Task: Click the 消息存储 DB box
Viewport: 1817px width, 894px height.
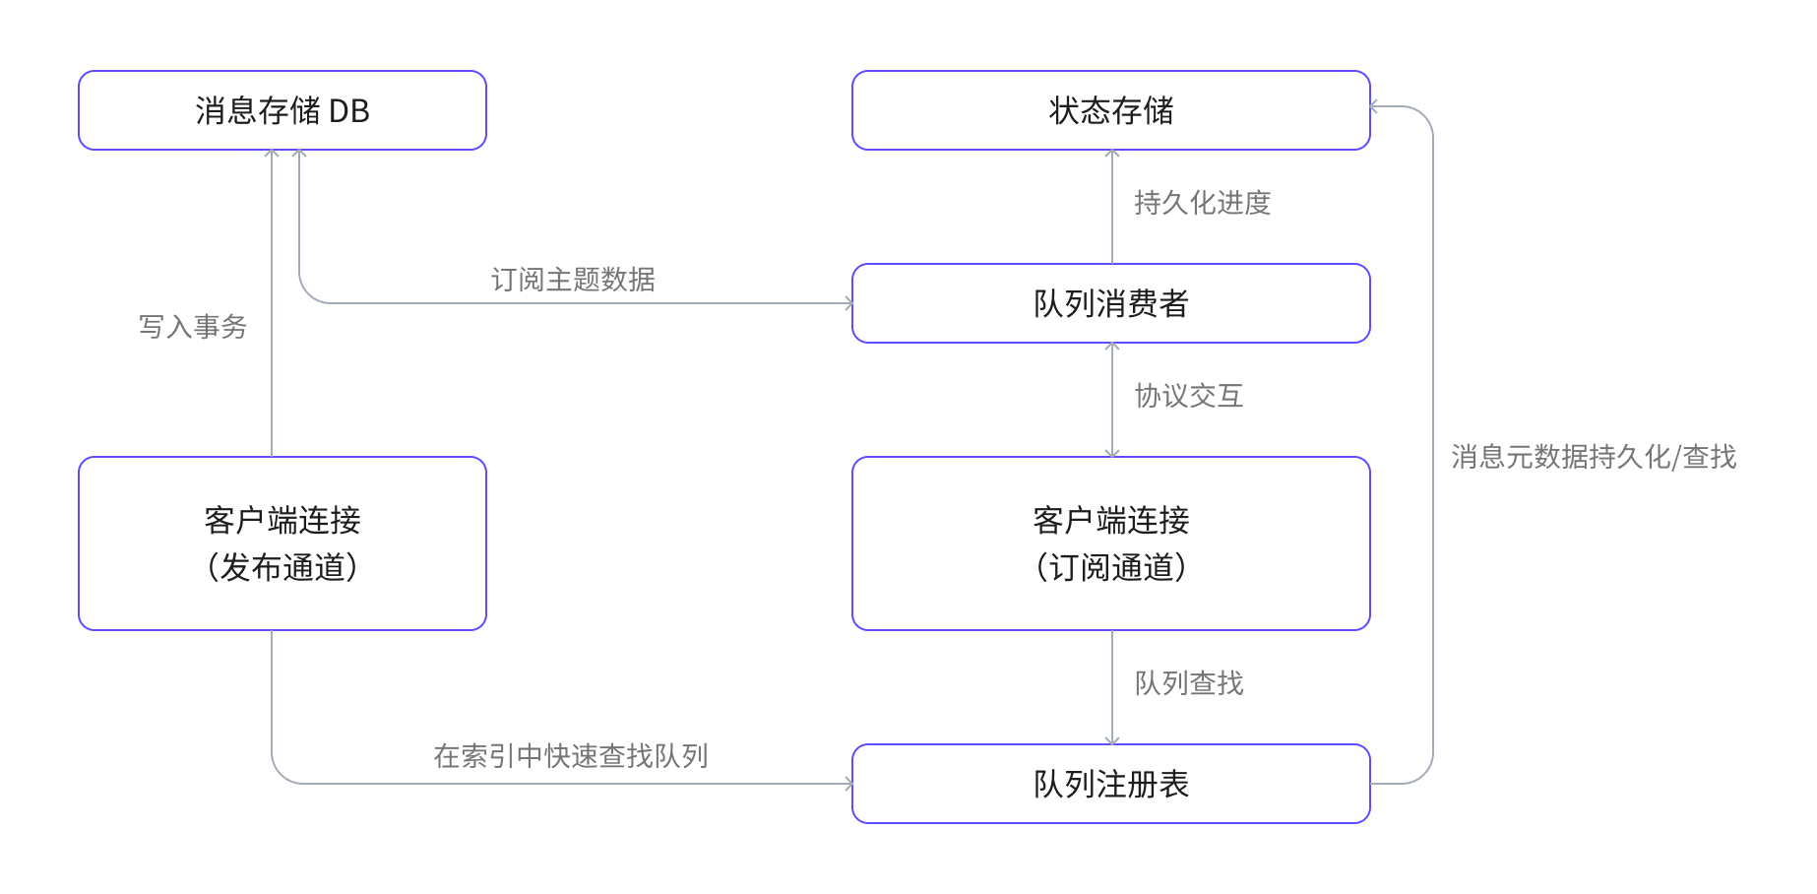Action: pyautogui.click(x=282, y=110)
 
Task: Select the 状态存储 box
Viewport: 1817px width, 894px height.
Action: pyautogui.click(x=1110, y=110)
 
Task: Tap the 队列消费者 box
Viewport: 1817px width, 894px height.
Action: pyautogui.click(x=1110, y=303)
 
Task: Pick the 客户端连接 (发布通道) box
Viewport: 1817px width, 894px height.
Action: pyautogui.click(x=282, y=543)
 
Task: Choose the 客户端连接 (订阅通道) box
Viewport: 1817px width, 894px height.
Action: pyautogui.click(x=1110, y=543)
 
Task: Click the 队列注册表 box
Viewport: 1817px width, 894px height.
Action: pyautogui.click(x=1110, y=784)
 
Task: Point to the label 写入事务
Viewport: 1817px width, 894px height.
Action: pyautogui.click(x=193, y=327)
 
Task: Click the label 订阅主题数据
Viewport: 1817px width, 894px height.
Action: pyautogui.click(x=573, y=280)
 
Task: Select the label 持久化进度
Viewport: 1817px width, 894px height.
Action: pyautogui.click(x=1202, y=203)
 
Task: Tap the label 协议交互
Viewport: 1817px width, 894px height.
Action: pyautogui.click(x=1188, y=396)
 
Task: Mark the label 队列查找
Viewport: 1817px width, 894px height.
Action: pyautogui.click(x=1188, y=683)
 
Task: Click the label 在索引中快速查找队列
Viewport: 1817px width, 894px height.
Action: pyautogui.click(x=571, y=756)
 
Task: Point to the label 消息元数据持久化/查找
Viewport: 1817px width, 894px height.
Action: pyautogui.click(x=1593, y=457)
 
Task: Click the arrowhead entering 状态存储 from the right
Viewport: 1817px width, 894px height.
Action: pyautogui.click(x=1375, y=106)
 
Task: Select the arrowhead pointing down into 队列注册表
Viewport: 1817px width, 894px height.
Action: pyautogui.click(x=1112, y=740)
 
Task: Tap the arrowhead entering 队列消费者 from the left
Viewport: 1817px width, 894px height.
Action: pyautogui.click(x=848, y=303)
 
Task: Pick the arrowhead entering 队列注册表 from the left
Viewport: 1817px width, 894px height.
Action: pyautogui.click(x=848, y=784)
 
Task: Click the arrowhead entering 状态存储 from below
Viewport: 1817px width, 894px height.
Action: pyautogui.click(x=1112, y=154)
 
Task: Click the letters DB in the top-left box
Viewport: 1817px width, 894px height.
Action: pyautogui.click(x=348, y=111)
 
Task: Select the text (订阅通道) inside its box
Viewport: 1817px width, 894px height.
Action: pyautogui.click(x=1110, y=568)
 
